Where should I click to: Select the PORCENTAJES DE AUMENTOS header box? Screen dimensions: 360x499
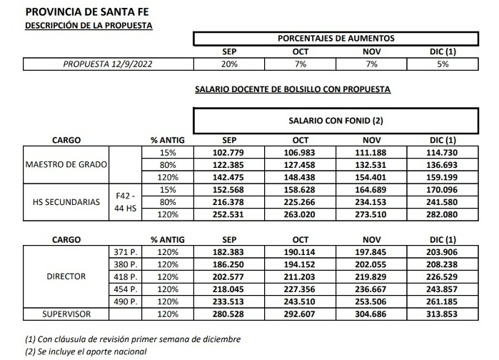pyautogui.click(x=336, y=39)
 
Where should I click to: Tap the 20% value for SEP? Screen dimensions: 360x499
pyautogui.click(x=229, y=64)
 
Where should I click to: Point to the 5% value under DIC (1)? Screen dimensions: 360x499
pyautogui.click(x=443, y=64)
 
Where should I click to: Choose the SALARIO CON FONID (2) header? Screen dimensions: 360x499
pyautogui.click(x=336, y=121)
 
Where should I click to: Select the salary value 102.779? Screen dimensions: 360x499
pyautogui.click(x=229, y=153)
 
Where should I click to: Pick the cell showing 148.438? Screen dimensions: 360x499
pyautogui.click(x=301, y=176)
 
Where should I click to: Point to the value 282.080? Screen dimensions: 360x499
pyautogui.click(x=443, y=214)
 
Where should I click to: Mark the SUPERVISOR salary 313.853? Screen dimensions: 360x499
pyautogui.click(x=443, y=314)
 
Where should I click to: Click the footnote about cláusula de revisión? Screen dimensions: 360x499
pyautogui.click(x=132, y=339)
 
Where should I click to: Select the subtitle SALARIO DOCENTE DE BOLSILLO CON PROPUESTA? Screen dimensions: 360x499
pyautogui.click(x=293, y=90)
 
